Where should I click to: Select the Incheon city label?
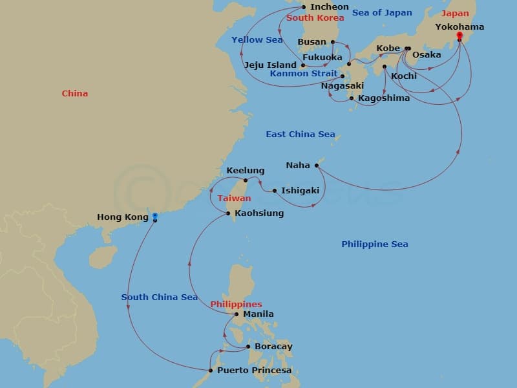point(329,7)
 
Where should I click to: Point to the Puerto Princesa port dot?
point(211,371)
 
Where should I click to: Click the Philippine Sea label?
point(374,244)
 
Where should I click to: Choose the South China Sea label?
point(159,297)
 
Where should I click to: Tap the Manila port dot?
point(237,314)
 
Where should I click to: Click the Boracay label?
point(273,347)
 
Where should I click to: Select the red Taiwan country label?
point(234,199)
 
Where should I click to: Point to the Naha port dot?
point(317,166)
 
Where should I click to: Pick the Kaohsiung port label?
point(258,213)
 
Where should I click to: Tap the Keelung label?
point(245,171)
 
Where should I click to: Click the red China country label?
point(74,94)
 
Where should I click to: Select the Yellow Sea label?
point(257,40)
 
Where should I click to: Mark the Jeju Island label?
point(270,65)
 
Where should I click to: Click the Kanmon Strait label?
point(303,74)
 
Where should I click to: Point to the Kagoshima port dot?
point(351,98)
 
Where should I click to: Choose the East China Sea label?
point(300,135)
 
